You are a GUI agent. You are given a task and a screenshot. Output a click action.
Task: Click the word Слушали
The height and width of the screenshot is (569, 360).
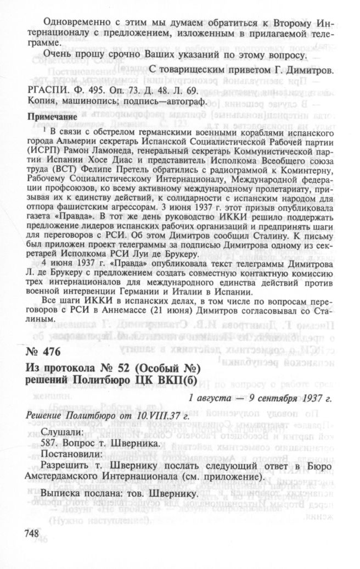point(60,429)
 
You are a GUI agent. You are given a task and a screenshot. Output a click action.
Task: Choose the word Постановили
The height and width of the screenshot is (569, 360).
point(68,454)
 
